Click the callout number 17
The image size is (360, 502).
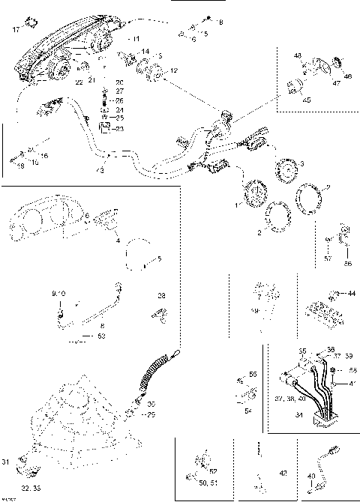(x=16, y=30)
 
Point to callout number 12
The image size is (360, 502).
(x=174, y=70)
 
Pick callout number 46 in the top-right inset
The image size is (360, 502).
(x=347, y=76)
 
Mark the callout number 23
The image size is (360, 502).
(x=120, y=129)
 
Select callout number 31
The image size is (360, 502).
(x=6, y=461)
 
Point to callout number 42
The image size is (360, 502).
(x=282, y=473)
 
